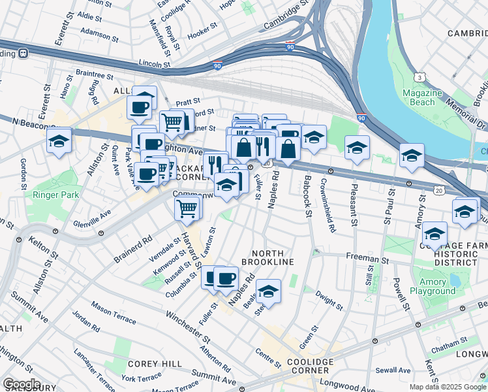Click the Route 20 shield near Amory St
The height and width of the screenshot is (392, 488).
pyautogui.click(x=440, y=189)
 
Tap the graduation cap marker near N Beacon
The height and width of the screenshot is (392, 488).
pyautogui.click(x=59, y=140)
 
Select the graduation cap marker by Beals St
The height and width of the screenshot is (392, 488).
pyautogui.click(x=267, y=291)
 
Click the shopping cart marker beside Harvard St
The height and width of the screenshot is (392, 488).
pyautogui.click(x=187, y=208)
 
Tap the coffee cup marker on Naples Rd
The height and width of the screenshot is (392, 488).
pyautogui.click(x=226, y=278)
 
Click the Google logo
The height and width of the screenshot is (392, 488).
pyautogui.click(x=22, y=384)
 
